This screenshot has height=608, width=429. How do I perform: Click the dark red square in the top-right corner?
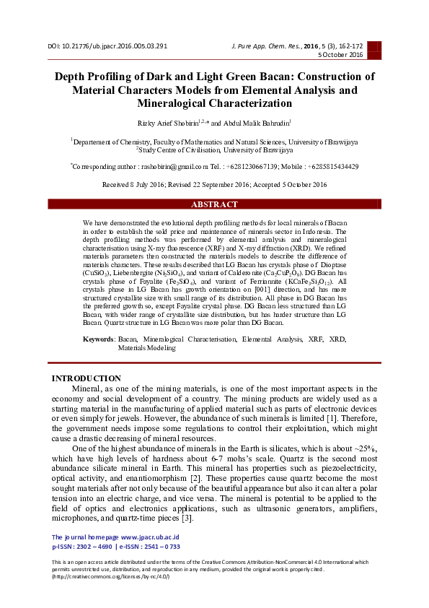[x=374, y=50]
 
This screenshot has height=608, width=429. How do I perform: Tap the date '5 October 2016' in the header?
[x=342, y=56]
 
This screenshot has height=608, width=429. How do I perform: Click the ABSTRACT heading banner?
[x=214, y=204]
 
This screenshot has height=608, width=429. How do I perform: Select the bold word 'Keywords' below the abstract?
[x=99, y=339]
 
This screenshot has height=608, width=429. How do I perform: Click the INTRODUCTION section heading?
[x=87, y=378]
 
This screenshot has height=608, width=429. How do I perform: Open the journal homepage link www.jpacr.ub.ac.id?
[x=150, y=537]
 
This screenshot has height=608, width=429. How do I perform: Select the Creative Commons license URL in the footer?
[x=112, y=576]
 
